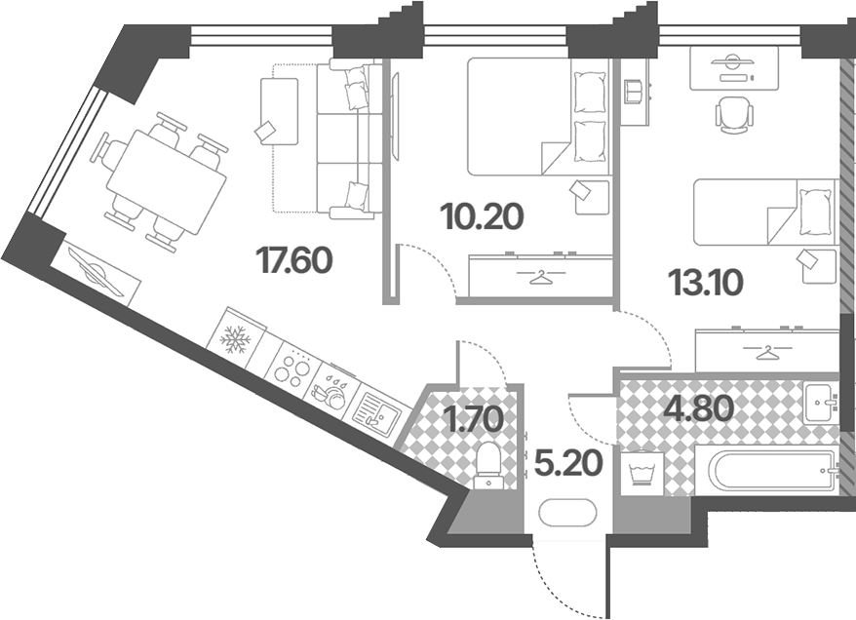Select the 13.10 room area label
704,283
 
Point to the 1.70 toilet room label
474,420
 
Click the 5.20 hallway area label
568,463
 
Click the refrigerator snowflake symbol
235,339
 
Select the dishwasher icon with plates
330,391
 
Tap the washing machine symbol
642,473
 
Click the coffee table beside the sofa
280,111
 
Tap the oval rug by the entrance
567,513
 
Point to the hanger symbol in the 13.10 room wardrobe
767,353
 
